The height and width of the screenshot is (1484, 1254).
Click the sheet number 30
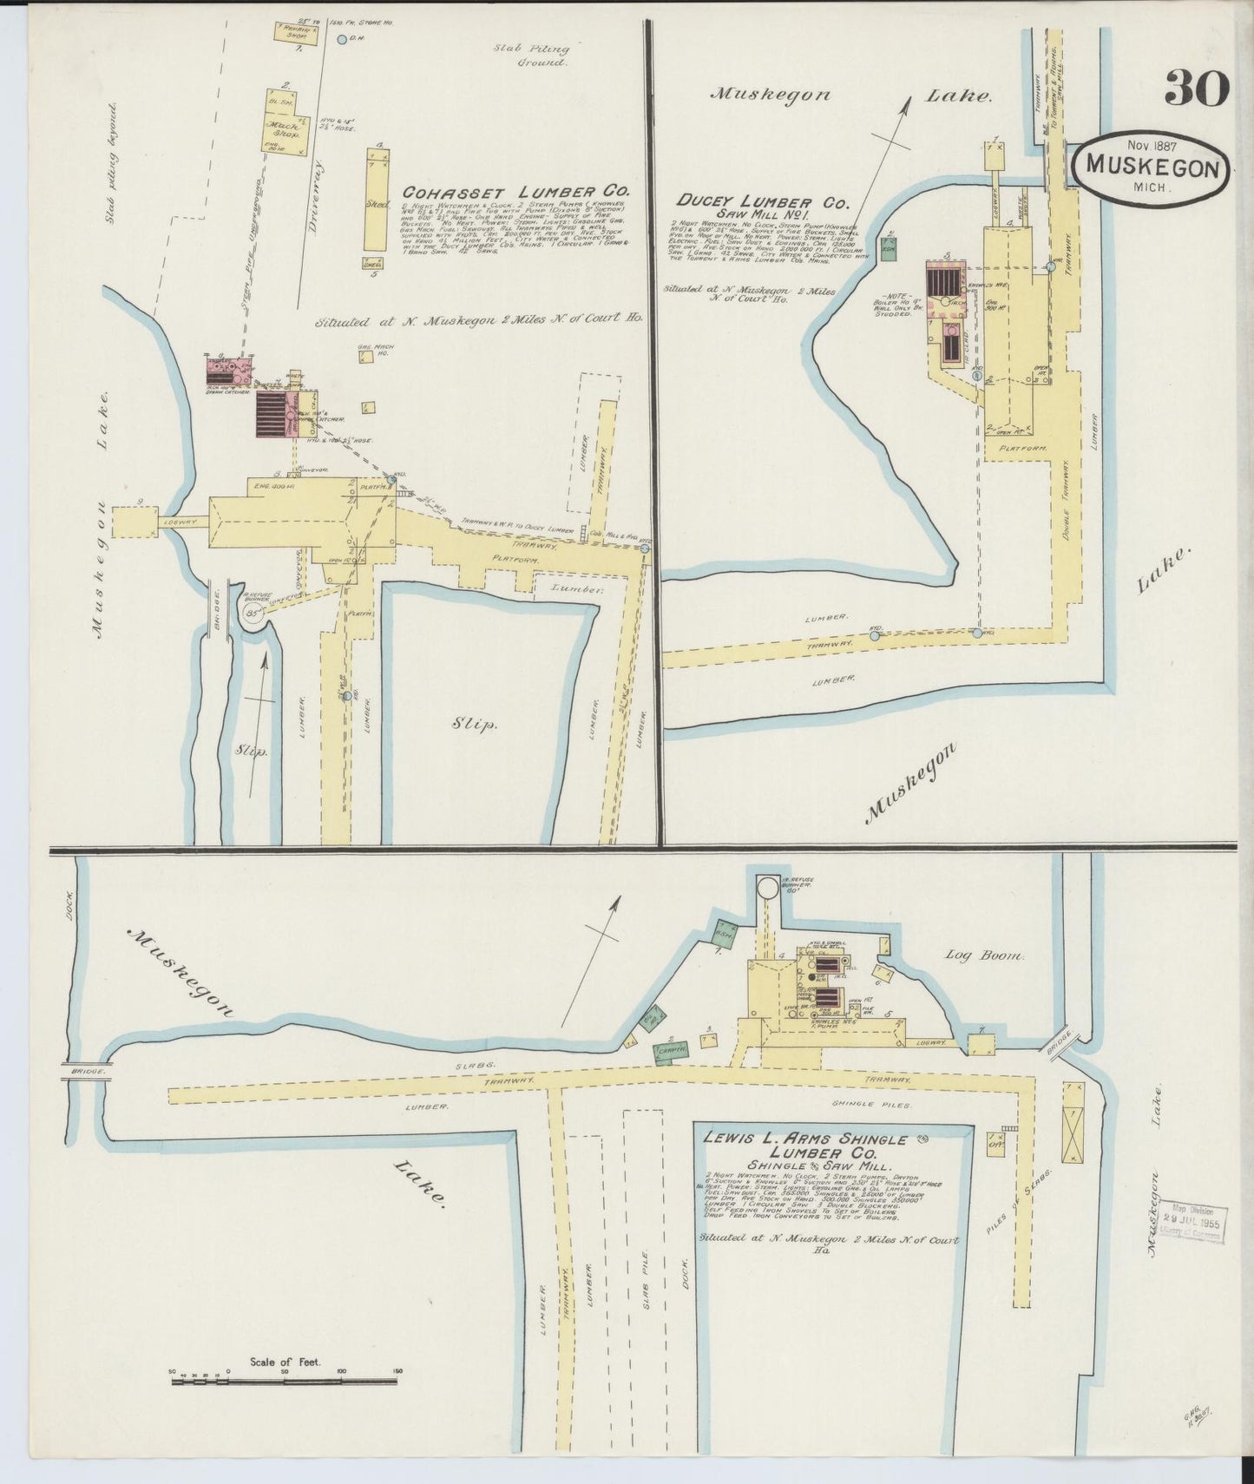pos(1197,88)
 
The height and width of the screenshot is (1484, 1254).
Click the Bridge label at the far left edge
pos(86,1072)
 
